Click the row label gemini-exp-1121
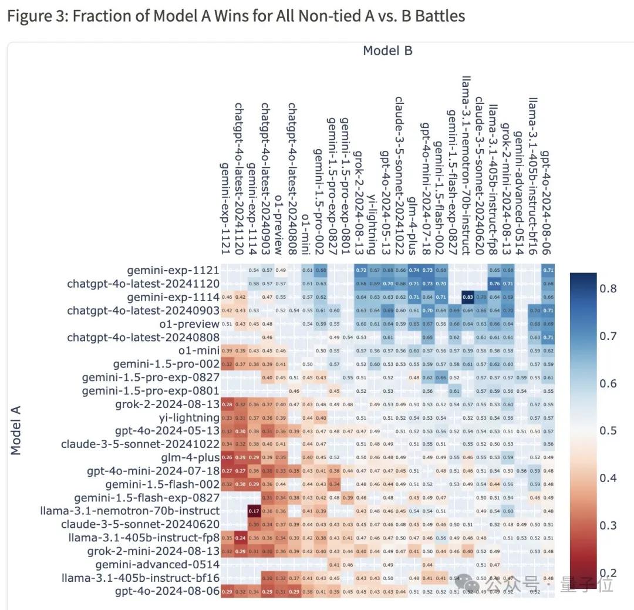(173, 271)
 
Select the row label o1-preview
(191, 324)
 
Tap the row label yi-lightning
(189, 417)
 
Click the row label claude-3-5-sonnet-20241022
(140, 444)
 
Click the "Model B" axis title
(387, 51)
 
